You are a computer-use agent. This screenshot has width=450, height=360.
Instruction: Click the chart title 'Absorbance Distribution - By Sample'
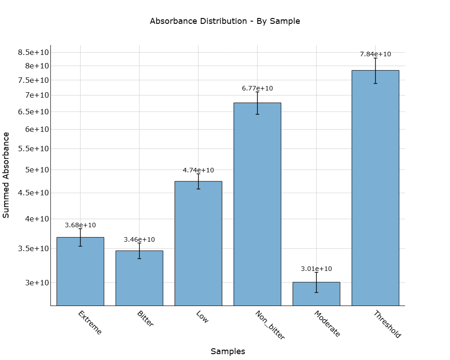click(x=225, y=21)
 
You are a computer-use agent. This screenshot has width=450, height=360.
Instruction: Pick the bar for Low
click(x=198, y=243)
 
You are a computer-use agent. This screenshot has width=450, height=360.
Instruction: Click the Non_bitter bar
click(x=257, y=204)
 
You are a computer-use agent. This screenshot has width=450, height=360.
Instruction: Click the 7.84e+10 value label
click(x=375, y=54)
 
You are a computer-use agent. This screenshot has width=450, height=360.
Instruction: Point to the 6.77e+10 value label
click(x=257, y=88)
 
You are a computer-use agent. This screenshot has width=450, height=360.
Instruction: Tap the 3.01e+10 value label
click(x=316, y=269)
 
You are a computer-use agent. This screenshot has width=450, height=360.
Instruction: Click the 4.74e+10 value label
click(x=198, y=170)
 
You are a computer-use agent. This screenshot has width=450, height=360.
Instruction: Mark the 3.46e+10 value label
click(x=139, y=239)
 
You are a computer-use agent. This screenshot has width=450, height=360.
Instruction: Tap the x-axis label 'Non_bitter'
click(x=270, y=325)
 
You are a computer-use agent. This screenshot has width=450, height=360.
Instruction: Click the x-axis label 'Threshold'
click(x=387, y=324)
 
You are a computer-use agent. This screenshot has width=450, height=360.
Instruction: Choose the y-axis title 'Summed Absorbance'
click(x=6, y=175)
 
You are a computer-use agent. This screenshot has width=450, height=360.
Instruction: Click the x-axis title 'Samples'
click(x=228, y=351)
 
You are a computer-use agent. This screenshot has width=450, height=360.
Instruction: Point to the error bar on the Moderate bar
click(x=316, y=282)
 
